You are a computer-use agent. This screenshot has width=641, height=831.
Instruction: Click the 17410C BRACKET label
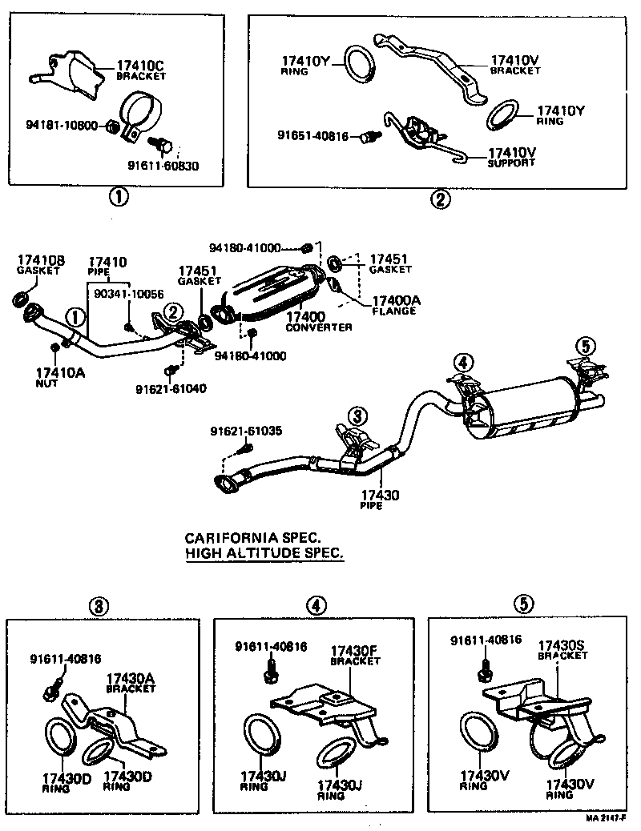pos(141,70)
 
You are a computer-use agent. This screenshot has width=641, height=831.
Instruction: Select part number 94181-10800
pos(62,126)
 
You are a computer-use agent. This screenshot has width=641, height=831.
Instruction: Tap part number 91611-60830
pos(163,166)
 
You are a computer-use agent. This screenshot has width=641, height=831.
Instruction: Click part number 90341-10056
pos(128,294)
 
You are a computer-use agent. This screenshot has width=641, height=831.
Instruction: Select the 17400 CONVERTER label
pos(318,323)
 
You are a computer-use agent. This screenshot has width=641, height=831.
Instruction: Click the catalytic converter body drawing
pos(273,291)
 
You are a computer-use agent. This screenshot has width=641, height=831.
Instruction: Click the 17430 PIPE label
pos(379,500)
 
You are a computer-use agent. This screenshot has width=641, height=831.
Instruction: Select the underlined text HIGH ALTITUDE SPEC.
pos(264,553)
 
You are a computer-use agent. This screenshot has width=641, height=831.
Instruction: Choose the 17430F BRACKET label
pos(354,656)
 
